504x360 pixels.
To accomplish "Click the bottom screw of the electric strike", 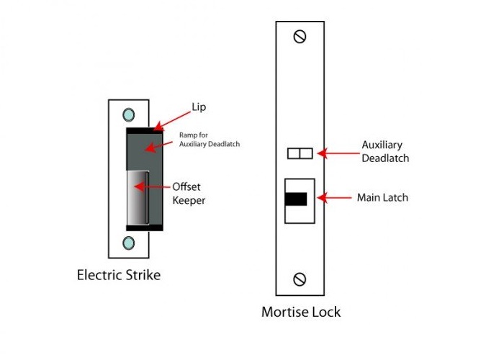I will click(x=129, y=242).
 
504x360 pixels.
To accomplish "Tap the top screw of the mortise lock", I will click(x=300, y=36).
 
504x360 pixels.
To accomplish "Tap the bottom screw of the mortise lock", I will click(x=300, y=279).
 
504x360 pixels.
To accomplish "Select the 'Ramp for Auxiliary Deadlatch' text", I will click(x=209, y=140).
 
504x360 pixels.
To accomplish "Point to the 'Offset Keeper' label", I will click(x=189, y=193).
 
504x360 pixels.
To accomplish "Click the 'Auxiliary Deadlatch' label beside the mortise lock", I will click(x=385, y=152).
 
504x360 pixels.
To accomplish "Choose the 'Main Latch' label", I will click(x=382, y=197).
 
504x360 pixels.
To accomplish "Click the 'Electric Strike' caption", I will click(x=119, y=274).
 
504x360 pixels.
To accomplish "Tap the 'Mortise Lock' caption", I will click(x=301, y=312).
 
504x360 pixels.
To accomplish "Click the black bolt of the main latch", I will click(x=296, y=199).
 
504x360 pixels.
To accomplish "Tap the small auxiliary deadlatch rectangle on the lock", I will click(x=299, y=153).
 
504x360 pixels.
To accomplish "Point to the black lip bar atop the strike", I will click(x=144, y=130).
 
